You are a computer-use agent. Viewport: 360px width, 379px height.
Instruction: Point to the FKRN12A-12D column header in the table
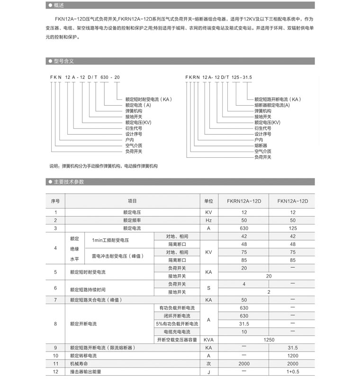[x=244, y=201]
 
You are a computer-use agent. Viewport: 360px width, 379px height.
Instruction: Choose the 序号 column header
[x=55, y=201]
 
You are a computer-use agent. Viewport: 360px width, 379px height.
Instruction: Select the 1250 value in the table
[x=269, y=340]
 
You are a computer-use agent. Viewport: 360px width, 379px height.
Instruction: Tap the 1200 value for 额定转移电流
[x=293, y=355]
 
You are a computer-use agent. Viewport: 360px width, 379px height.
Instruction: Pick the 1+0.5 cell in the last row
[x=293, y=371]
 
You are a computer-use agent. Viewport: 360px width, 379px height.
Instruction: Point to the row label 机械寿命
[x=78, y=363]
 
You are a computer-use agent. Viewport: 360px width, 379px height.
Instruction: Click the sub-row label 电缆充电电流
[x=177, y=332]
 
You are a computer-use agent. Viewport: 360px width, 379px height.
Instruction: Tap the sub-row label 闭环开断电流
[x=177, y=316]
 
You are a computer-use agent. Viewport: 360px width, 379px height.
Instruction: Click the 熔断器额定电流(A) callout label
[x=272, y=105]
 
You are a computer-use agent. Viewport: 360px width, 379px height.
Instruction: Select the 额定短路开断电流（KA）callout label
[x=277, y=99]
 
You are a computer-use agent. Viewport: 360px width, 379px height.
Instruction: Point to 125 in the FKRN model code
[x=236, y=77]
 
